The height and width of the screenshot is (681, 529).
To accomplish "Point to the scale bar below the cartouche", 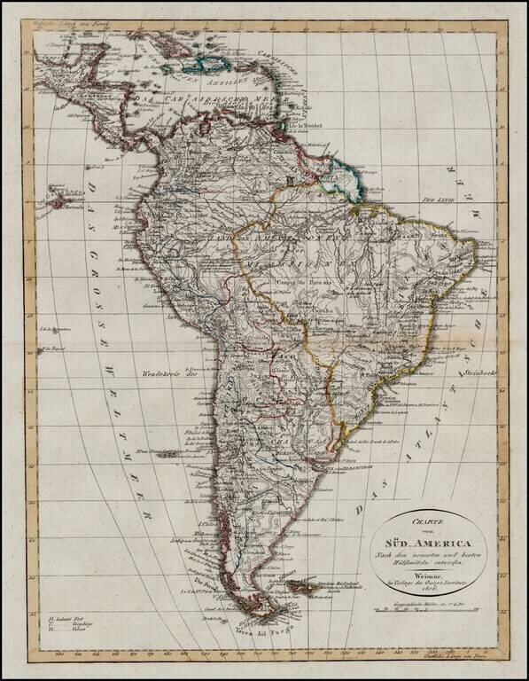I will pos(432,609).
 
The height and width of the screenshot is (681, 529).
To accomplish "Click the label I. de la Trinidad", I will pos(306,123).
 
